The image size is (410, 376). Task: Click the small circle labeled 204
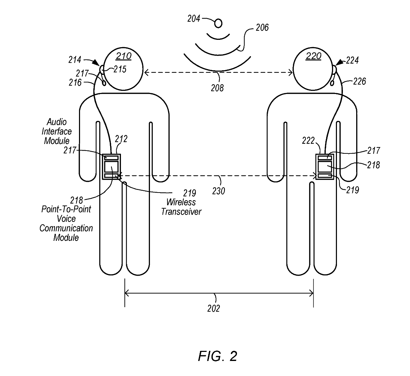coord(218,23)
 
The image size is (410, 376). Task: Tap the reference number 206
coord(262,28)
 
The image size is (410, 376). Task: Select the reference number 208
coord(217,88)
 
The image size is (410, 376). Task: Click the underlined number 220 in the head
coord(313,56)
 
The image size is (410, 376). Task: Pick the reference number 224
coord(352,61)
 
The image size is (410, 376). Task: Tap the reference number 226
coord(359,81)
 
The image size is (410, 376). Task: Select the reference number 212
coord(121,139)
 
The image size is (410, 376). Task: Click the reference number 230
coord(218,191)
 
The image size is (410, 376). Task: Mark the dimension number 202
coord(214,308)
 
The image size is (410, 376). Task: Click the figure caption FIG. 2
coord(217,356)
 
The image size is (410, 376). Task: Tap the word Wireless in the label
coord(181,202)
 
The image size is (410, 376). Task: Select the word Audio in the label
coord(57,122)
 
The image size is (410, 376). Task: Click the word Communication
coord(66,228)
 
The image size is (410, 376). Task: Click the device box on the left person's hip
coord(112,167)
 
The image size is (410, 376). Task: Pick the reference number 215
coord(120,70)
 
